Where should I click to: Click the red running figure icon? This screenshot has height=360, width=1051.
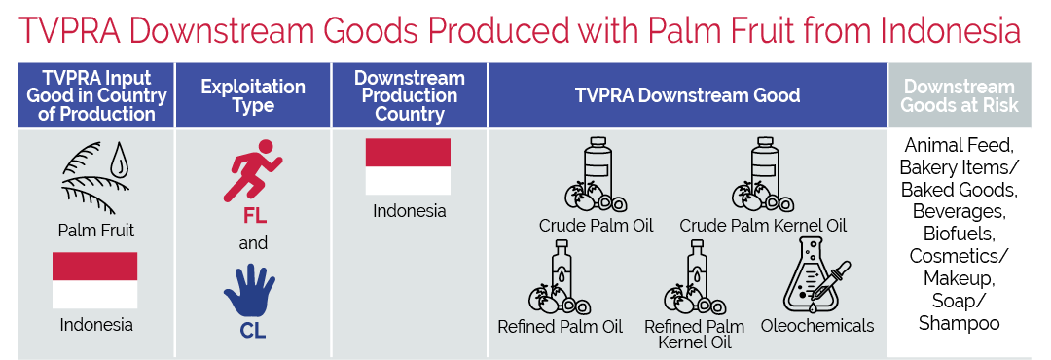[253, 170]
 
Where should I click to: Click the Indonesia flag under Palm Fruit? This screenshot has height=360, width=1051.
[95, 279]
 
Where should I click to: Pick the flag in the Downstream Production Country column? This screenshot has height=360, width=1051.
[408, 166]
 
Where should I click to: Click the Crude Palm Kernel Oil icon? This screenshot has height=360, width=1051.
[763, 176]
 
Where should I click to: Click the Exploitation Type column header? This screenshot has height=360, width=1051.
[253, 96]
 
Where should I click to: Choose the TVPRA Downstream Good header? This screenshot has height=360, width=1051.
[688, 95]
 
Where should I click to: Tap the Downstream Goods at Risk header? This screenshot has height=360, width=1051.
[960, 96]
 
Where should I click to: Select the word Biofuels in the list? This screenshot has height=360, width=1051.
[959, 234]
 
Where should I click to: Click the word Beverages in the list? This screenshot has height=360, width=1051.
[959, 212]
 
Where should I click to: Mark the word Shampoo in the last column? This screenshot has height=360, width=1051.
[960, 323]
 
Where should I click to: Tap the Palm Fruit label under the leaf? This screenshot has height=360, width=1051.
[95, 231]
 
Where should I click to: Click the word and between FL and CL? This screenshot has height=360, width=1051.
[253, 242]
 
